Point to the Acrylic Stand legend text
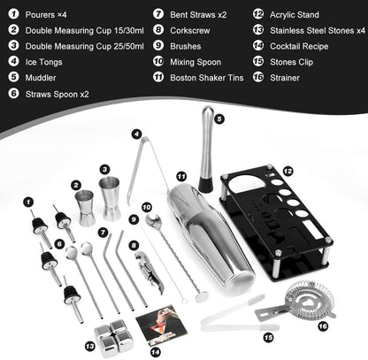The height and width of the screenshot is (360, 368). pyautogui.click(x=293, y=14)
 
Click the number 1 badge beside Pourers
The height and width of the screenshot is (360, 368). pyautogui.click(x=13, y=14)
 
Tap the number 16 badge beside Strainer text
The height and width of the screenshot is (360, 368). pyautogui.click(x=257, y=77)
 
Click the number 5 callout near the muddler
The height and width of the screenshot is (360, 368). pyautogui.click(x=219, y=114)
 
